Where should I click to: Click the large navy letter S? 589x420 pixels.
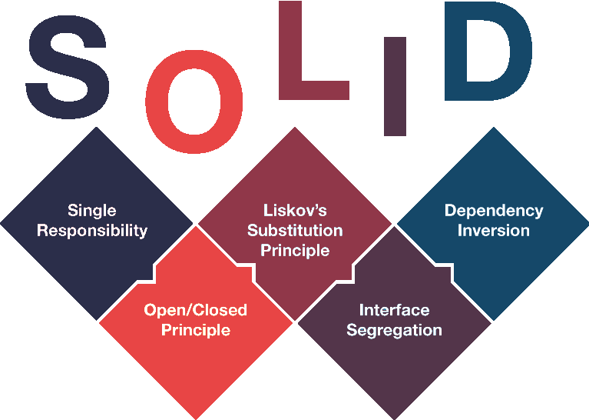click(x=68, y=68)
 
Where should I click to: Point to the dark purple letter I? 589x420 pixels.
click(x=395, y=86)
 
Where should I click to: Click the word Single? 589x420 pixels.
click(x=92, y=211)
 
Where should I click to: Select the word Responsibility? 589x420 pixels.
click(x=92, y=231)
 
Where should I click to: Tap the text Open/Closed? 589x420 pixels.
click(x=195, y=310)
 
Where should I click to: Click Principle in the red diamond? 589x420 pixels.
click(x=196, y=330)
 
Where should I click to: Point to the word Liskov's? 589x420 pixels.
click(x=295, y=210)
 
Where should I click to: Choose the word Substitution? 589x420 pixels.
click(x=295, y=230)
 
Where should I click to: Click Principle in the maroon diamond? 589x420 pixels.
click(x=295, y=250)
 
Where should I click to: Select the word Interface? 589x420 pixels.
click(x=395, y=310)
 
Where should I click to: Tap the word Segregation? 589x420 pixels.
click(x=395, y=331)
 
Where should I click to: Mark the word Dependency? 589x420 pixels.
click(x=494, y=211)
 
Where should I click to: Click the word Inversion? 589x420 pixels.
click(x=494, y=230)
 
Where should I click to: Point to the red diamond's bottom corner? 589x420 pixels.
click(x=196, y=419)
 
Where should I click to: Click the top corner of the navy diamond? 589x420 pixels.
click(x=97, y=127)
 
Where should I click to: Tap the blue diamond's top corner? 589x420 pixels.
click(x=493, y=127)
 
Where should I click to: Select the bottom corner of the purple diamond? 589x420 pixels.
click(x=395, y=419)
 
